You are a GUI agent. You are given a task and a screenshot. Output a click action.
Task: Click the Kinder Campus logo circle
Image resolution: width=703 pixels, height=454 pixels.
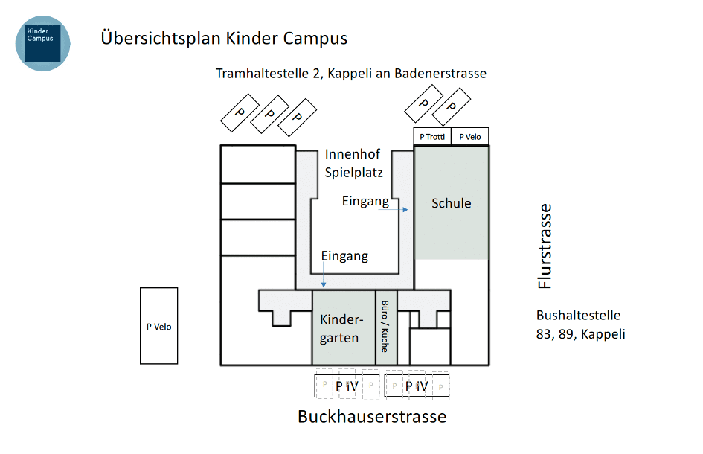pyautogui.click(x=43, y=43)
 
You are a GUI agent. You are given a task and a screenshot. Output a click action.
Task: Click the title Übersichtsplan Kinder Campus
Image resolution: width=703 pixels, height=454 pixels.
pyautogui.click(x=224, y=38)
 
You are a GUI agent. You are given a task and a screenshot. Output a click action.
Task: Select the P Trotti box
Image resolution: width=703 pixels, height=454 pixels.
pyautogui.click(x=432, y=136)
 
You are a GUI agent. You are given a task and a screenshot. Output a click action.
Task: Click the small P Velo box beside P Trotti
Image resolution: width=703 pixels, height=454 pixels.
pyautogui.click(x=470, y=136)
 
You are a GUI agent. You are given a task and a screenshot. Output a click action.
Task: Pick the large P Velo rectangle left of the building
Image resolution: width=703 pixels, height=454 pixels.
pyautogui.click(x=158, y=326)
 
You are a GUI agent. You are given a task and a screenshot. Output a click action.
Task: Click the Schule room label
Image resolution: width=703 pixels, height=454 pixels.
pyautogui.click(x=452, y=202)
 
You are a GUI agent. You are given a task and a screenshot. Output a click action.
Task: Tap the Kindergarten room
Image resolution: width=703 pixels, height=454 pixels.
pyautogui.click(x=343, y=328)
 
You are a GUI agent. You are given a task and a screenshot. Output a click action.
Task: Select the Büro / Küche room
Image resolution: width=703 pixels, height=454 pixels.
pyautogui.click(x=385, y=326)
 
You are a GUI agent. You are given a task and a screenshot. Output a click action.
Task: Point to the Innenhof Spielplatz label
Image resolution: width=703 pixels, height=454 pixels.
pyautogui.click(x=353, y=164)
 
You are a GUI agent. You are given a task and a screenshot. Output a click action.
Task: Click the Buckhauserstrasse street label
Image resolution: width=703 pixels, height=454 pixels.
pyautogui.click(x=372, y=416)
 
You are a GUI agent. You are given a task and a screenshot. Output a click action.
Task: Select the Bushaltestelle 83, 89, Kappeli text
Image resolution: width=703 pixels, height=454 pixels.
pyautogui.click(x=580, y=324)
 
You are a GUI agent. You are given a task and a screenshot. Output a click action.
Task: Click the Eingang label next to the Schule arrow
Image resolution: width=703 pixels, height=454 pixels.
pyautogui.click(x=365, y=201)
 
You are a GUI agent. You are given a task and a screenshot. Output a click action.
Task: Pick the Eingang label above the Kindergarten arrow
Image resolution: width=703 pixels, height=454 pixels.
pyautogui.click(x=344, y=256)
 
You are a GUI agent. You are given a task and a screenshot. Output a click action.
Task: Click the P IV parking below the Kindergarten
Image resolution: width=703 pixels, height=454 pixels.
pyautogui.click(x=347, y=386)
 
